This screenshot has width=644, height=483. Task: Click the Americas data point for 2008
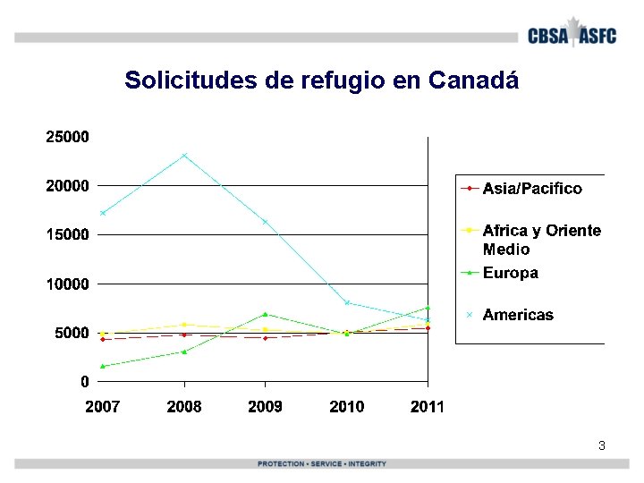[184, 156]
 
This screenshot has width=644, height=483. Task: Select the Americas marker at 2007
[103, 213]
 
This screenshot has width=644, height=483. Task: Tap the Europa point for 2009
[266, 314]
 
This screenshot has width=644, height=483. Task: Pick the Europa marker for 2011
[428, 308]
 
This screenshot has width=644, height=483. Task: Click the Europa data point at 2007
[103, 366]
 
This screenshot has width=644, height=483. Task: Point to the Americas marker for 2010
[347, 302]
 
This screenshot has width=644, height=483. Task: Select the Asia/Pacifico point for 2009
[266, 338]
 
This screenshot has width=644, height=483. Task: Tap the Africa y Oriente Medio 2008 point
[184, 325]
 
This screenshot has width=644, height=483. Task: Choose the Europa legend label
[511, 273]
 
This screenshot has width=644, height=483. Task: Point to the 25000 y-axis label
[67, 137]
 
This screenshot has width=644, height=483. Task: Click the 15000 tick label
[67, 234]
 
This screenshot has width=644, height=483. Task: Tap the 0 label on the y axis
[85, 382]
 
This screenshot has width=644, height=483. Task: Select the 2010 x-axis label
[347, 407]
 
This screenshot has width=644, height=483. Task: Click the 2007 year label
[103, 407]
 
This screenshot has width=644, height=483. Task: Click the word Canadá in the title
[473, 80]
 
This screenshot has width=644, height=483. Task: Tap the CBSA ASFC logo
[572, 33]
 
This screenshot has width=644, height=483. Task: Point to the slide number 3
[602, 445]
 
